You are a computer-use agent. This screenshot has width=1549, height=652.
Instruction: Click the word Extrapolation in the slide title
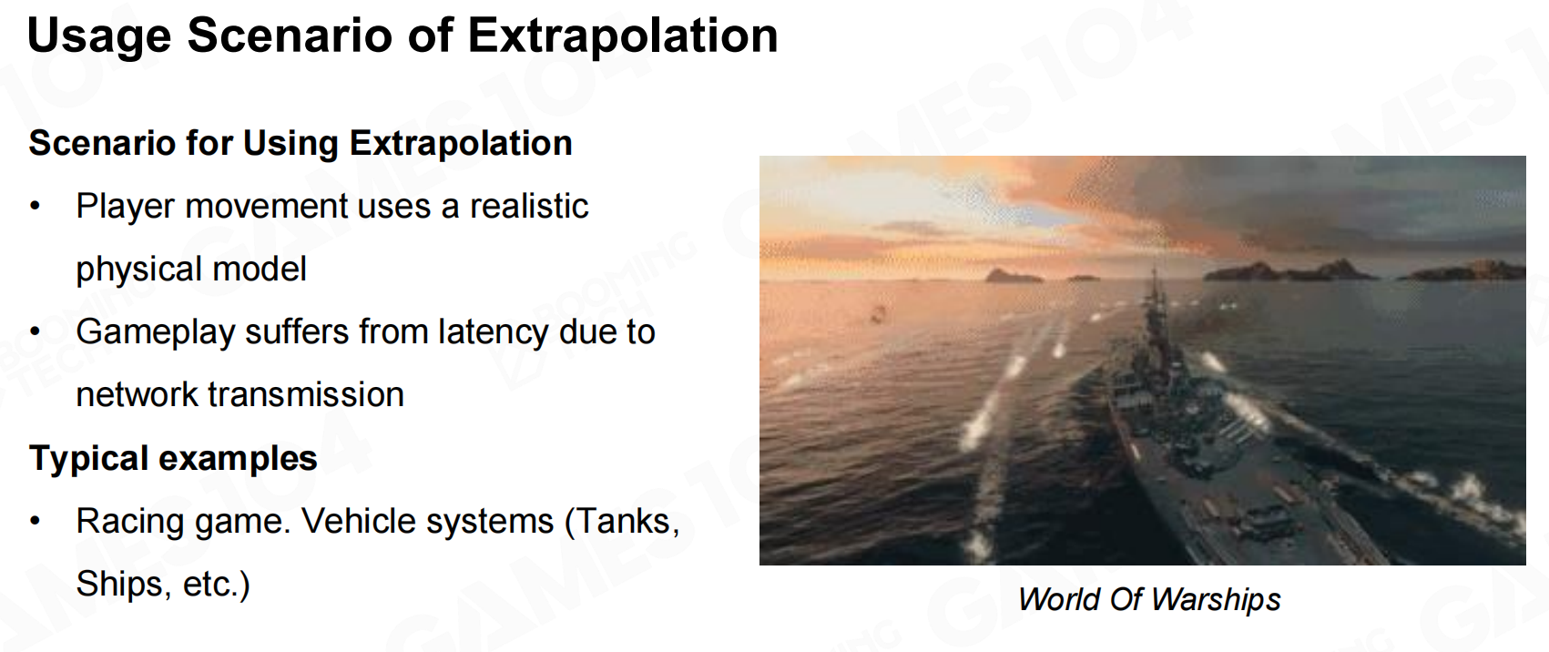tap(623, 36)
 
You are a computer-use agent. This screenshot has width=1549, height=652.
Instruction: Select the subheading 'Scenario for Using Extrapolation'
tap(301, 144)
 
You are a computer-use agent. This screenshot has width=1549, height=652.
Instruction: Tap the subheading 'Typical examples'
tap(173, 459)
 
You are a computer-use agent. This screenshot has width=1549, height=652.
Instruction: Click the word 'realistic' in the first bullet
tap(529, 206)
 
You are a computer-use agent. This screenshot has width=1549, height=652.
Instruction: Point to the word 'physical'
tap(139, 270)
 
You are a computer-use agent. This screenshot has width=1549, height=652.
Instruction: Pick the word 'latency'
tap(494, 332)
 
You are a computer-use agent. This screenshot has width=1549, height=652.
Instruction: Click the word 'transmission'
tap(306, 395)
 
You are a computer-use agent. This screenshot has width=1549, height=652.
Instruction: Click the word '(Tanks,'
tap(622, 522)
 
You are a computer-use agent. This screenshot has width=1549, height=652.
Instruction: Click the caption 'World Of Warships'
tap(1149, 599)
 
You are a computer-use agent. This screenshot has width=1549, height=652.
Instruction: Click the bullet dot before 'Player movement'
tap(36, 206)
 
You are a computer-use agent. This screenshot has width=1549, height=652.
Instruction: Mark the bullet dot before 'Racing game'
tap(36, 521)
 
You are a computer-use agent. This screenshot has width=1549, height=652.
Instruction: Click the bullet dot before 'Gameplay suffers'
tap(36, 331)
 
